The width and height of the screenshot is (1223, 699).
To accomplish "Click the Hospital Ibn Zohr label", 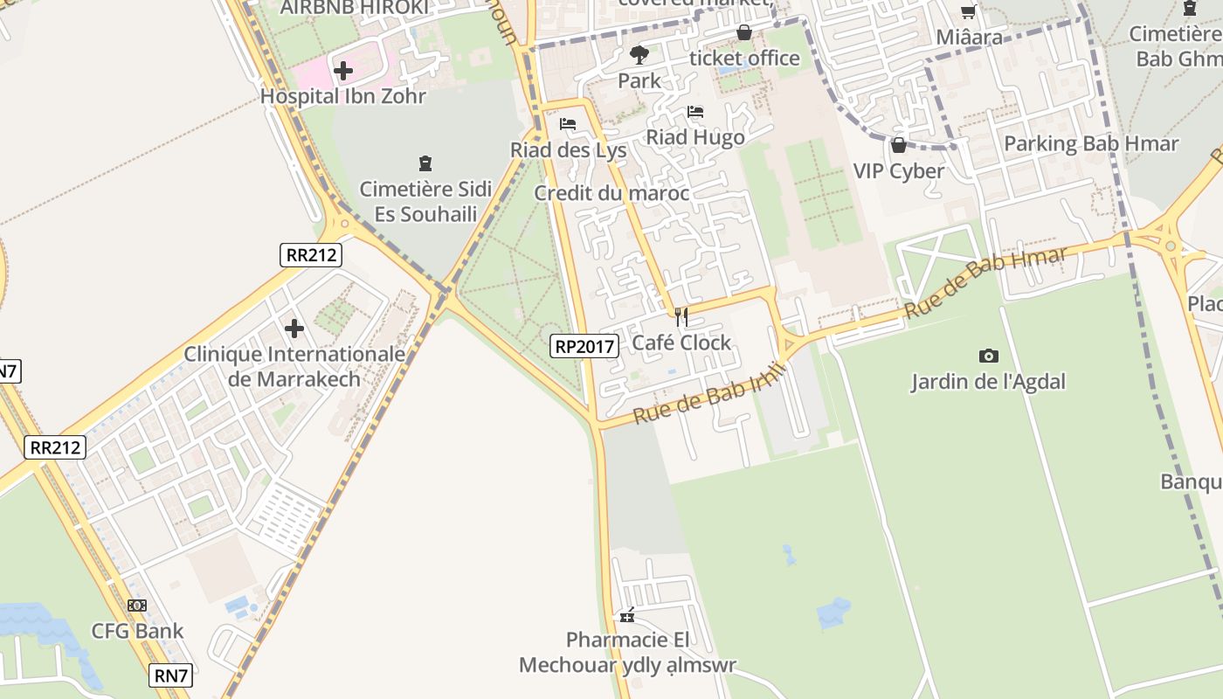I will [x=343, y=96].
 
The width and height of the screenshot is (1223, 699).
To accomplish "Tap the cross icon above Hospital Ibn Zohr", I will [x=343, y=70].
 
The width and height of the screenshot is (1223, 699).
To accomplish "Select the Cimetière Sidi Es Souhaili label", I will [x=425, y=201].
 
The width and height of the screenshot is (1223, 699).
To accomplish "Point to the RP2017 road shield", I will [x=585, y=346].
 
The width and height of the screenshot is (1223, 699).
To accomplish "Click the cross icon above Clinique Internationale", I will [x=294, y=329].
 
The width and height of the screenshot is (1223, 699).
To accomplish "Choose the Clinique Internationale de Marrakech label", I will [x=294, y=366].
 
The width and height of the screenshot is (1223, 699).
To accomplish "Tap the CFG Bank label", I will [x=138, y=631].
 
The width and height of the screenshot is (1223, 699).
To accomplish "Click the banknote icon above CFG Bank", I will [x=137, y=605].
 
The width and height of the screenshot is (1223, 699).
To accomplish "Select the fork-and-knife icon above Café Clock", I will [x=681, y=316].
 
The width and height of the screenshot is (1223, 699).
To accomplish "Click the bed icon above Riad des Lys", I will [x=568, y=124].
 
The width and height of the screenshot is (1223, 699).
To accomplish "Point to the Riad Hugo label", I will [x=695, y=137].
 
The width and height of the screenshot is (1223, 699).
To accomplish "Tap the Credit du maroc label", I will [x=611, y=193].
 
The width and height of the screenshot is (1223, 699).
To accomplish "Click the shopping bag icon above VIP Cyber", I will [x=898, y=145].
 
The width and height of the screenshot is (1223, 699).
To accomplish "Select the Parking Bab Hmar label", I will [x=1091, y=143].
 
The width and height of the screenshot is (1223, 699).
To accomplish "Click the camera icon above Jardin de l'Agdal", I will [x=988, y=356].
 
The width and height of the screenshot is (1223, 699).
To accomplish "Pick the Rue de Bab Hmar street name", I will [x=985, y=283].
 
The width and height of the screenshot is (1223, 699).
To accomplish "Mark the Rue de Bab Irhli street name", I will [x=710, y=394].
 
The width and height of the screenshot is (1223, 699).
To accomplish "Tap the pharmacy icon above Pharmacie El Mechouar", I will [x=627, y=616].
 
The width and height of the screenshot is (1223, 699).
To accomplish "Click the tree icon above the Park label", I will [x=639, y=55].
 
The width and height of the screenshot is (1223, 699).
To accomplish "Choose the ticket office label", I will [x=744, y=58].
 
